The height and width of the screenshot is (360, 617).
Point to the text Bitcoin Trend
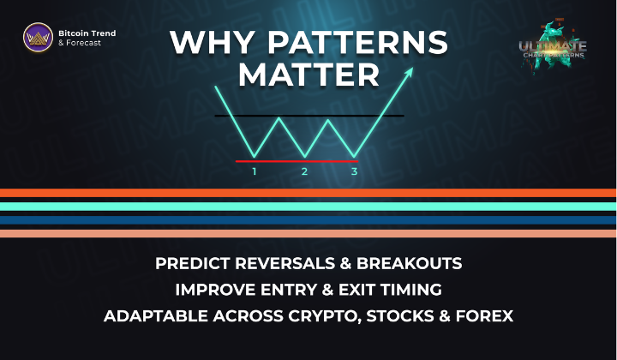[x=87, y=33]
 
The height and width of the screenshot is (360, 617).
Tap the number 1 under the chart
[x=255, y=171]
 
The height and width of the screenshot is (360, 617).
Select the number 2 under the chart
[x=304, y=171]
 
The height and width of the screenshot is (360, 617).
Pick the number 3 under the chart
[x=355, y=171]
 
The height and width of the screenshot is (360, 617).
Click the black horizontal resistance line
[x=308, y=115]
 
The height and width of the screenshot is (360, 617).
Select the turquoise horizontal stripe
[x=308, y=207]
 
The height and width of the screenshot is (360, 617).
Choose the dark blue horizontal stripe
[x=308, y=219]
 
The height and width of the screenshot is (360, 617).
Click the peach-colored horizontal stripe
[x=308, y=233]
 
